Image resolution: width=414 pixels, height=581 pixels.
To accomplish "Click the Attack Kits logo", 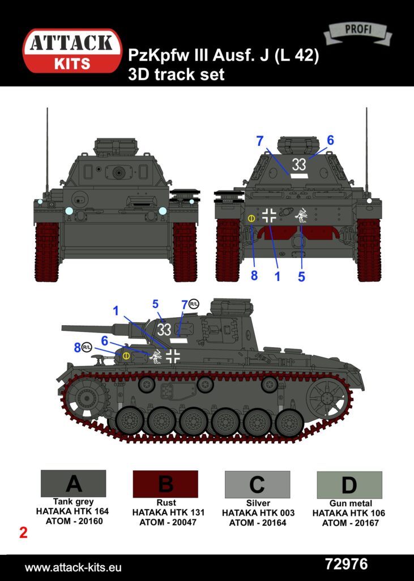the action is click(72, 50).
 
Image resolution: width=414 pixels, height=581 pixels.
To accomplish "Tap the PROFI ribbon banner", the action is click(358, 32).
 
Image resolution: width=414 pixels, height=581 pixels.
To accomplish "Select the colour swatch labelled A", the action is click(73, 483).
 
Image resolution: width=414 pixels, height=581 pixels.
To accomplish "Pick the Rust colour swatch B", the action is click(165, 484).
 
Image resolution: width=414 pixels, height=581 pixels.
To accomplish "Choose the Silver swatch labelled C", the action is click(258, 485).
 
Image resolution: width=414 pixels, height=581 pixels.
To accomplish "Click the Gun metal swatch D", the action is click(349, 485).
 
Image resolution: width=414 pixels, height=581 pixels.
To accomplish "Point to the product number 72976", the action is click(346, 565).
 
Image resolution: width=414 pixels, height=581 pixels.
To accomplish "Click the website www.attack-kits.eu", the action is click(73, 567).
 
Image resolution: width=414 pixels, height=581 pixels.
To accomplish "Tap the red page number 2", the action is click(23, 533).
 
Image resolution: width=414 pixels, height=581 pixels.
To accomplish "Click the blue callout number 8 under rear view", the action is click(254, 276).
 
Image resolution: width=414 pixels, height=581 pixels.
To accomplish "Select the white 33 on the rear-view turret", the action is click(299, 165).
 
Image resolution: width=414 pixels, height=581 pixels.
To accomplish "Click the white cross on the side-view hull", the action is click(173, 356).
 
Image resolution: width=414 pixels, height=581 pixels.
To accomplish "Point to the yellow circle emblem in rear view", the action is click(251, 218).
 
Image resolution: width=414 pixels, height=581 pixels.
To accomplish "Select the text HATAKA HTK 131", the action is click(168, 512).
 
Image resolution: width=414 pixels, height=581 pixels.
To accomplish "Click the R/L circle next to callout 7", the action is click(194, 304).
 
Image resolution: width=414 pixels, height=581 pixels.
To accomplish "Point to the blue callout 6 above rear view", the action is click(330, 140).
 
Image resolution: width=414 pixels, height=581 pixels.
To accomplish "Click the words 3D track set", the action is click(176, 74).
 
